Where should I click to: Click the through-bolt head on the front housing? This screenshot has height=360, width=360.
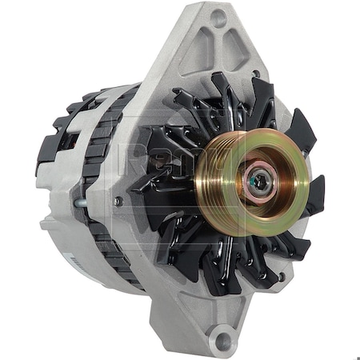[118, 202]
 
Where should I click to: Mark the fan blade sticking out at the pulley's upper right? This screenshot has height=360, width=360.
[302, 128]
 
